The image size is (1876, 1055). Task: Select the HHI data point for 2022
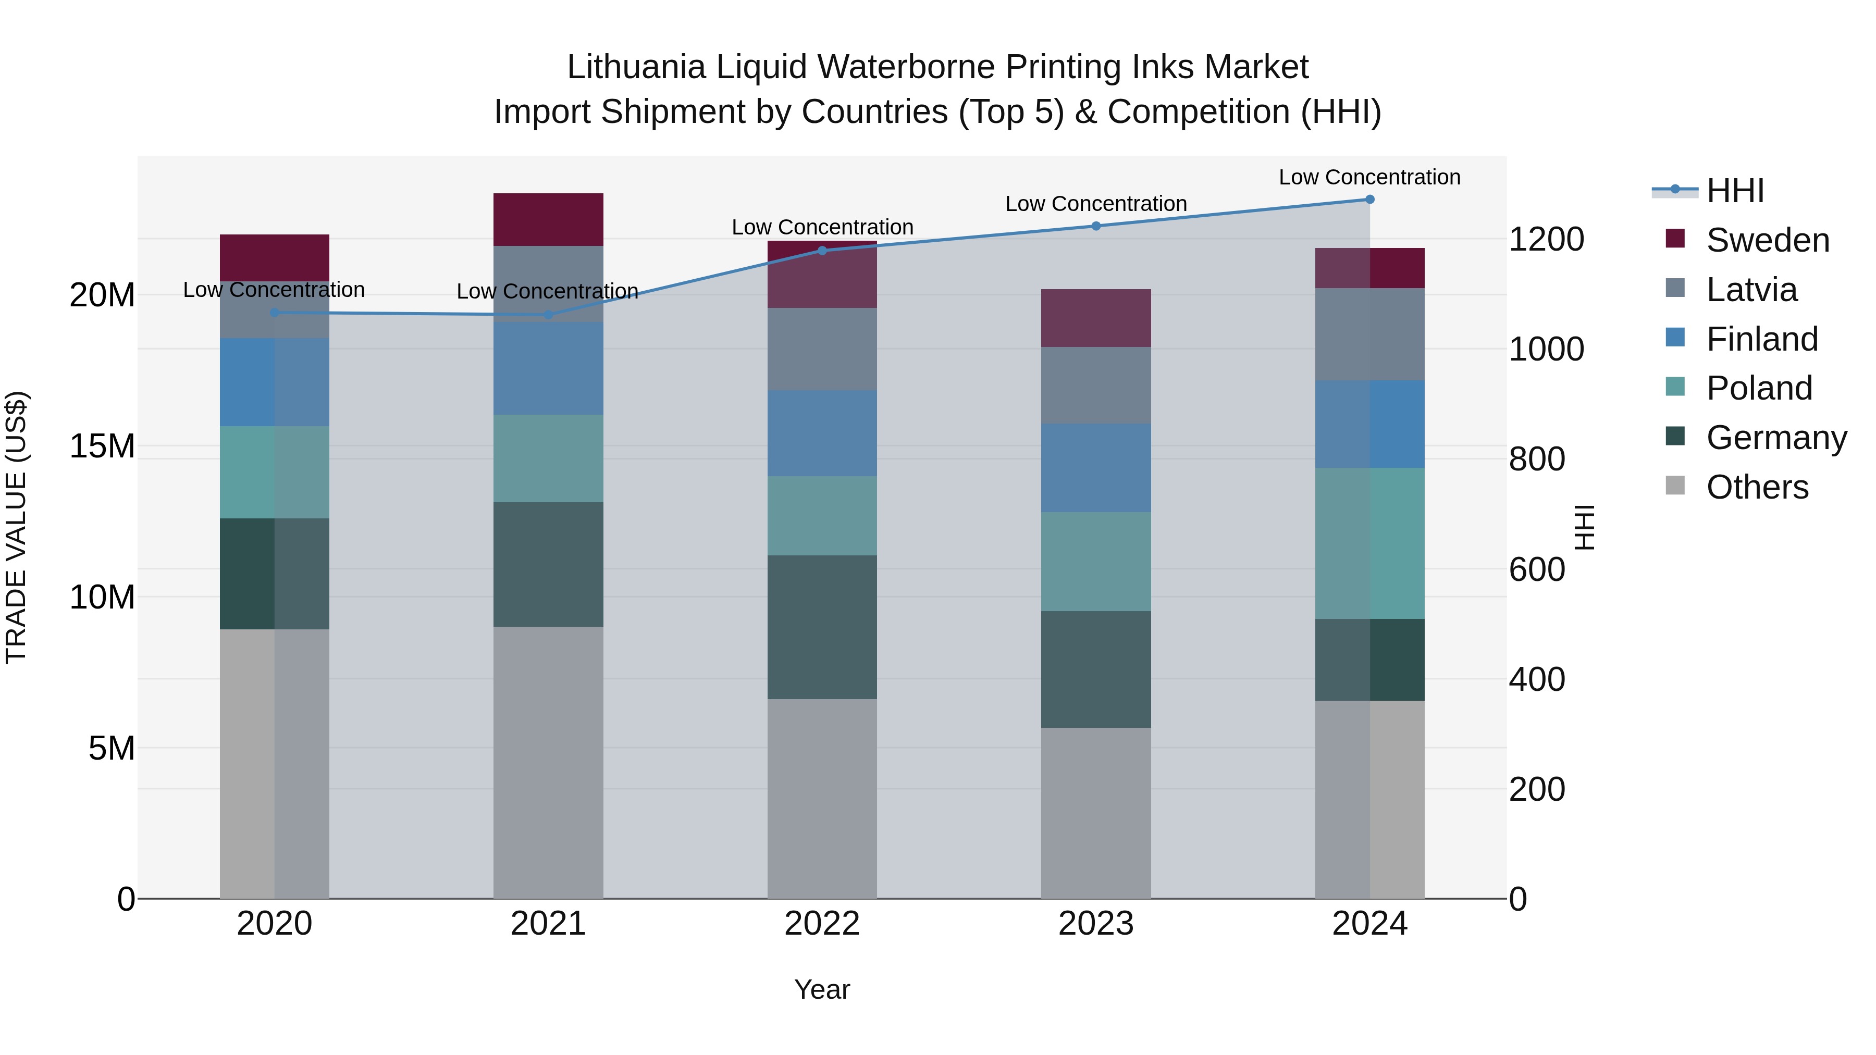click(x=822, y=251)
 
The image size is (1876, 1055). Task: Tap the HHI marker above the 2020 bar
click(x=275, y=313)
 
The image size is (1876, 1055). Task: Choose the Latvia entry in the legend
click(x=1751, y=290)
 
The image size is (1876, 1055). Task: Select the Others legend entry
click(x=1757, y=487)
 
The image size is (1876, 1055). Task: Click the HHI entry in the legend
click(x=1735, y=191)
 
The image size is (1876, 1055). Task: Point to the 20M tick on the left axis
click(x=102, y=295)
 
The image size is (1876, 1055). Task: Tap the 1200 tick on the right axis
click(x=1546, y=240)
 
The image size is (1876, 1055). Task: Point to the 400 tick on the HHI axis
click(x=1537, y=679)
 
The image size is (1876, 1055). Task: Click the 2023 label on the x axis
click(x=1095, y=924)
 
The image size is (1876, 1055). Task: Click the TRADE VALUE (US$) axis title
click(x=16, y=527)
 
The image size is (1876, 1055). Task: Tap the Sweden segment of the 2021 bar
click(x=548, y=219)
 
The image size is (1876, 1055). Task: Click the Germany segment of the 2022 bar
click(x=822, y=627)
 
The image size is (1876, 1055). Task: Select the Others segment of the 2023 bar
click(x=1095, y=813)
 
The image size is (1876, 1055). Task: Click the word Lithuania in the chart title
click(x=636, y=67)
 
